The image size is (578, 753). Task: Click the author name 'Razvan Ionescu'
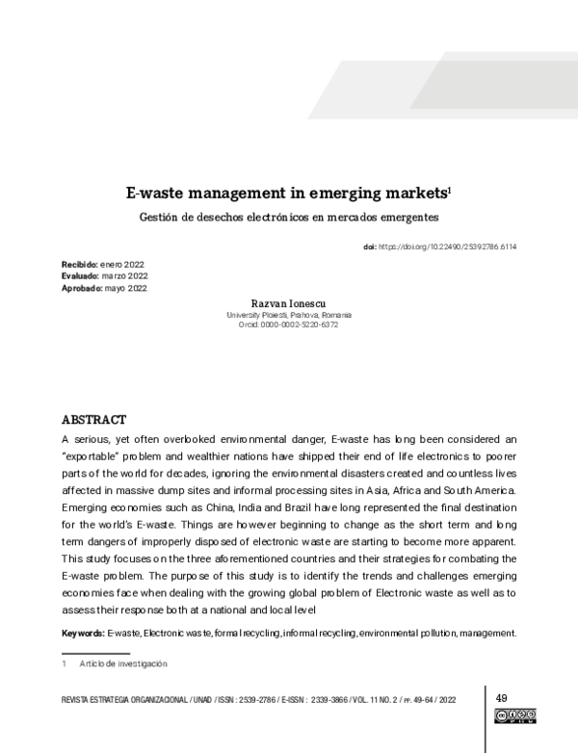click(289, 303)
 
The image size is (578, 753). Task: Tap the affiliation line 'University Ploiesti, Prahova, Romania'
click(289, 315)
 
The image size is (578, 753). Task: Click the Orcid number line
click(289, 325)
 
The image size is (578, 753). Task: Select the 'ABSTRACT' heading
click(93, 420)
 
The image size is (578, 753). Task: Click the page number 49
click(502, 697)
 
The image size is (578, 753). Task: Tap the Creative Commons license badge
click(514, 715)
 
